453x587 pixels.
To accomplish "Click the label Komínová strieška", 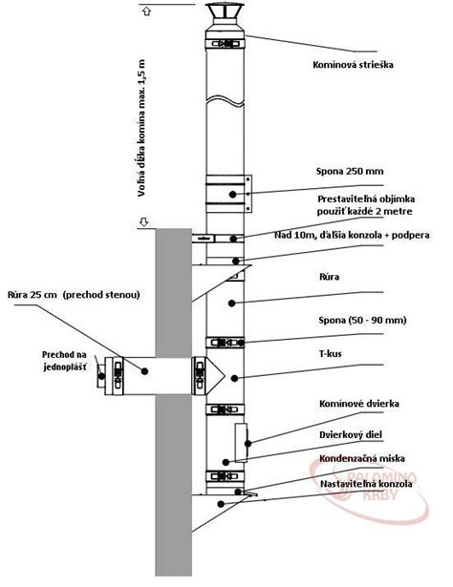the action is pos(353,65).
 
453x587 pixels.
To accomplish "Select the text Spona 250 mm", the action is pos(350,172).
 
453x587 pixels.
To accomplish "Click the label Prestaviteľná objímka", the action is pos(366,199).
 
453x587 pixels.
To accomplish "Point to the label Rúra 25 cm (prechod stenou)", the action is pos(74,295).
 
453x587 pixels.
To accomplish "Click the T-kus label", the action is pos(330,353).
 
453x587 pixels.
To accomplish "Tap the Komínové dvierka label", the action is pos(359,404).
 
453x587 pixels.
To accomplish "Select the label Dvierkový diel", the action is pos(351,434).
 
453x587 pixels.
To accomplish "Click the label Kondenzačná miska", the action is pos(362,458).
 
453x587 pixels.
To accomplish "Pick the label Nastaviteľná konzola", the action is pos(366,484).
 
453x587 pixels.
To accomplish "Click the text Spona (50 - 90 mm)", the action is pos(362,320).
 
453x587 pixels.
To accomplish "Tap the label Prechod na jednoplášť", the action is pos(64,361).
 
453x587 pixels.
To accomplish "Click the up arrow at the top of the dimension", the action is pos(147,11).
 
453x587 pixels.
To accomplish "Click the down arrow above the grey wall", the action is pos(144,222).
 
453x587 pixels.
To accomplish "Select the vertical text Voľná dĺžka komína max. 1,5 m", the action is pos(141,128).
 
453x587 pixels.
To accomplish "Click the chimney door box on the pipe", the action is pos(241,443).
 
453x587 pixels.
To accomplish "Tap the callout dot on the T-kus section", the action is pos(234,379).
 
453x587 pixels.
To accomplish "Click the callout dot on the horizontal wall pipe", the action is pos(144,371).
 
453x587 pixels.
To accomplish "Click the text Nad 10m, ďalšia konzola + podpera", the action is pos(352,235).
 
